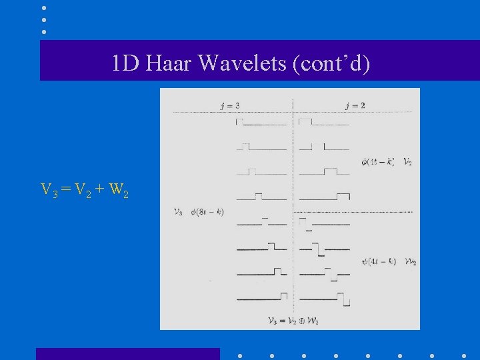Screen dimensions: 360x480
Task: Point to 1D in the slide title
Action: tap(125, 63)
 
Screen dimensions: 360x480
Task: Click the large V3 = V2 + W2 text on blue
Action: tap(85, 191)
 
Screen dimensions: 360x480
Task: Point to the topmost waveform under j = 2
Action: tap(324, 123)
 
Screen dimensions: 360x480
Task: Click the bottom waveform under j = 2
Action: tap(325, 298)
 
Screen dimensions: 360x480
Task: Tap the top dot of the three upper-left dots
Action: tap(43, 8)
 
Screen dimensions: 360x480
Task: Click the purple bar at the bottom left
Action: tap(127, 354)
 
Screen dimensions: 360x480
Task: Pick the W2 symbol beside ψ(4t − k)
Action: tap(410, 261)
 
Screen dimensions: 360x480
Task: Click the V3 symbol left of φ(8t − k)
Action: tap(178, 212)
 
